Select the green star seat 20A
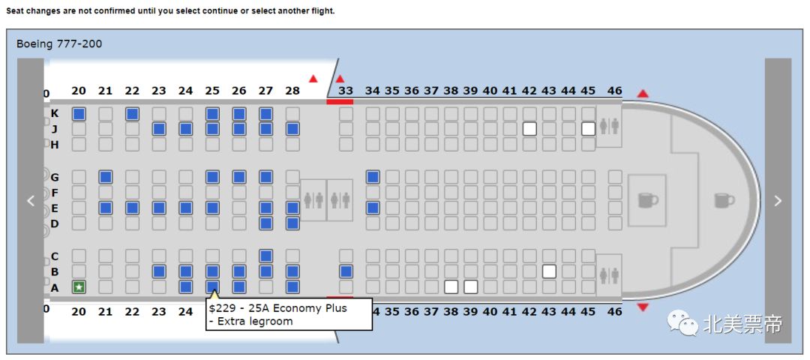(x=79, y=286)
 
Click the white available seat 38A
(x=451, y=286)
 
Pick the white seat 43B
(x=549, y=271)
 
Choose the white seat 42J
(x=529, y=129)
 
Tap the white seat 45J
(x=588, y=129)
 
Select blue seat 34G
(x=373, y=177)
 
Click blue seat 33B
(x=346, y=271)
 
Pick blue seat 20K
(x=79, y=114)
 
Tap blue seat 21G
(x=106, y=177)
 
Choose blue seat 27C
(x=265, y=256)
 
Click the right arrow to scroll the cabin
(x=778, y=200)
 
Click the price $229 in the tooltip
(x=222, y=308)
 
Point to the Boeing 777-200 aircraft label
(x=59, y=44)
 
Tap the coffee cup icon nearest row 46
(x=646, y=199)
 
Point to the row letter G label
(x=54, y=178)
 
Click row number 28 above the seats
(x=292, y=91)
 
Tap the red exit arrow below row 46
(x=643, y=307)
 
